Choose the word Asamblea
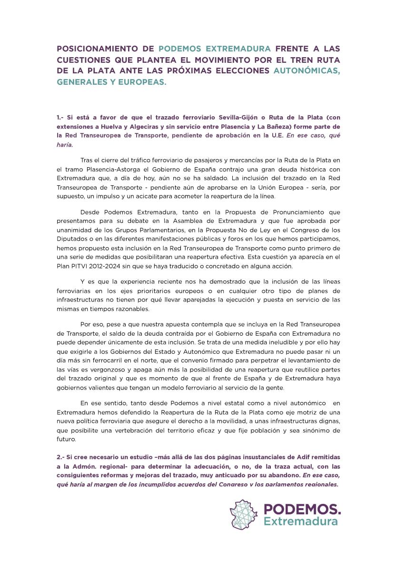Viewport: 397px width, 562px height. (238, 221)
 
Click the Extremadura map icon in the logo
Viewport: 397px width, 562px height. (244, 514)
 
